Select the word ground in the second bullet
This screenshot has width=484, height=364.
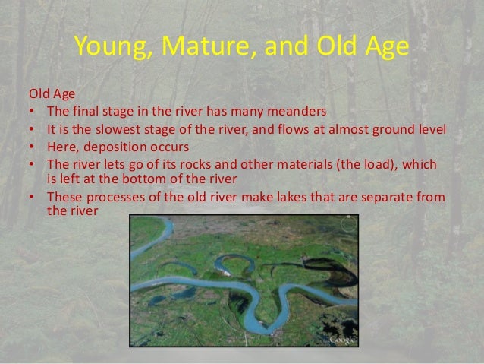(x=384, y=128)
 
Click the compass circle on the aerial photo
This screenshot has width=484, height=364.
(x=348, y=225)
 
